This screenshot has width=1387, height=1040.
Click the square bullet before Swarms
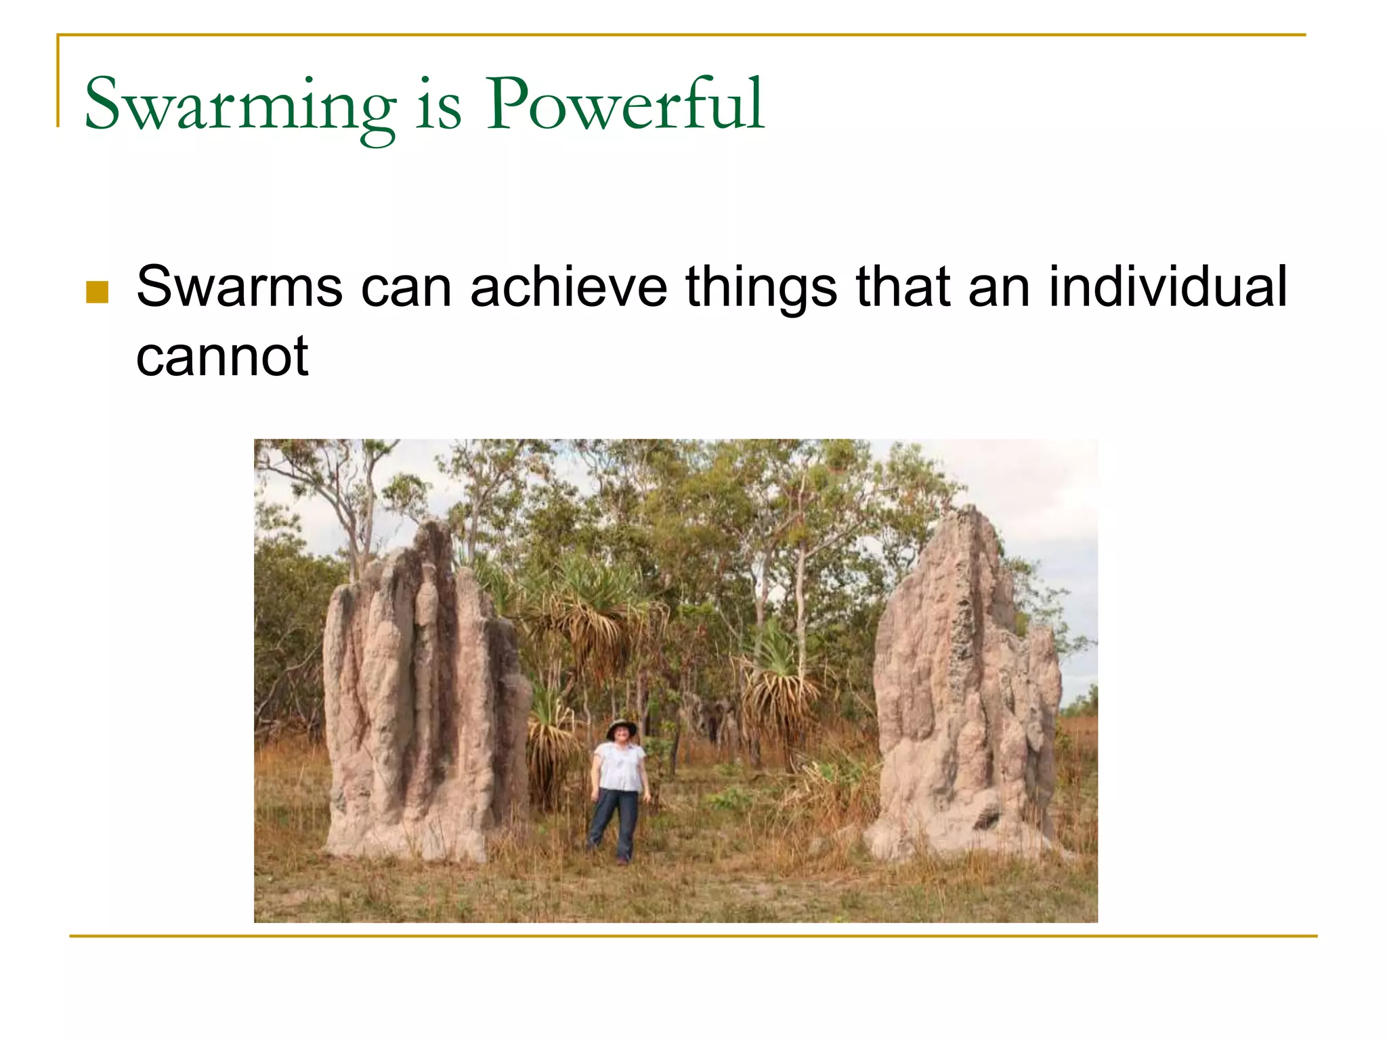point(98,292)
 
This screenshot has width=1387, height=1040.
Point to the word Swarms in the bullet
point(239,286)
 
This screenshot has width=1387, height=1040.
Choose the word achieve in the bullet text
point(569,286)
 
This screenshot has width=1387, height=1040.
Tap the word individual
point(1167,286)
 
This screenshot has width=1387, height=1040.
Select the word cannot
point(222,357)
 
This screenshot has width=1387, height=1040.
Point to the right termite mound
point(965,697)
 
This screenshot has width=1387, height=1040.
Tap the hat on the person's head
point(621,729)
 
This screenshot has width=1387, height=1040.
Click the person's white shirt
point(620,766)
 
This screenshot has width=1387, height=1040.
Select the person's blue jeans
point(615,823)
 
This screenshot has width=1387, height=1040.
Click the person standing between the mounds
point(618,789)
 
